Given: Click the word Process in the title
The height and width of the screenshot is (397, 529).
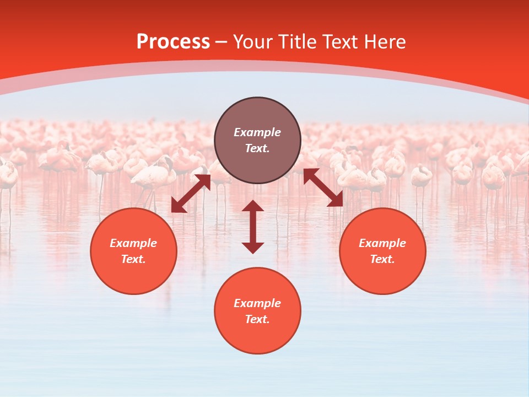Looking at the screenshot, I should [x=173, y=42].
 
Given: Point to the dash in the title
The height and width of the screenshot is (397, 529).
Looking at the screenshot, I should [x=221, y=42].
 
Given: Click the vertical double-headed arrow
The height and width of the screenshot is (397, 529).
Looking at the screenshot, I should [x=253, y=227].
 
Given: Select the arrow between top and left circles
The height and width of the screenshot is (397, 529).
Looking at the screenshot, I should [x=191, y=194].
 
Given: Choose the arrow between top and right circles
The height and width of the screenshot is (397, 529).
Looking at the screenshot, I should [x=323, y=187].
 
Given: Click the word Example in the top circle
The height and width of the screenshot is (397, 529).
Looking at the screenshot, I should [x=257, y=132].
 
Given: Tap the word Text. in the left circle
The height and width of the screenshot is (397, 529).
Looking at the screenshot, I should [x=133, y=259].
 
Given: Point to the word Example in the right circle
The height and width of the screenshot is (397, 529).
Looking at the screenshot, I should [x=382, y=243].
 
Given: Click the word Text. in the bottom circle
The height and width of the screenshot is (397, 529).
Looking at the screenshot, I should [x=257, y=319].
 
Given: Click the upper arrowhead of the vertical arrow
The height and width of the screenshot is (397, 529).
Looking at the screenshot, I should [x=253, y=206].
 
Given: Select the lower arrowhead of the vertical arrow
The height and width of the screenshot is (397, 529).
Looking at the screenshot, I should [x=253, y=248].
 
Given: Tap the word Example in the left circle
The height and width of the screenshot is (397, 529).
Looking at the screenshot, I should [x=133, y=243].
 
